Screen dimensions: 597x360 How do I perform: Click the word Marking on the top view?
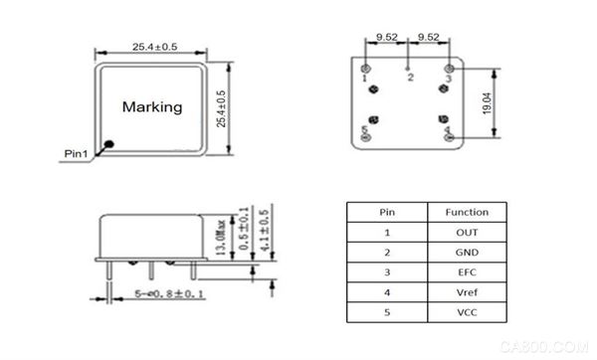coord(152,107)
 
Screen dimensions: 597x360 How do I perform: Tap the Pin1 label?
coord(76,154)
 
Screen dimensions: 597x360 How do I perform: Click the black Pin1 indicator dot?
coord(109,144)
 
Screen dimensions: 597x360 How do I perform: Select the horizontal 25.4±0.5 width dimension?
coord(154,47)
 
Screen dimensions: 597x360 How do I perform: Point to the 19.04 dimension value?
coord(487,103)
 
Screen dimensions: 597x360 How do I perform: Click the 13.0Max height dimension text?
coord(221,237)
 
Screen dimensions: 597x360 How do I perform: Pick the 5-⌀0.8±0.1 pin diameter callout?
coord(169,293)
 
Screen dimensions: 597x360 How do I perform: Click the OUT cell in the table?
coord(467,232)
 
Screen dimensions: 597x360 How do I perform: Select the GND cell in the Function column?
coord(467,253)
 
